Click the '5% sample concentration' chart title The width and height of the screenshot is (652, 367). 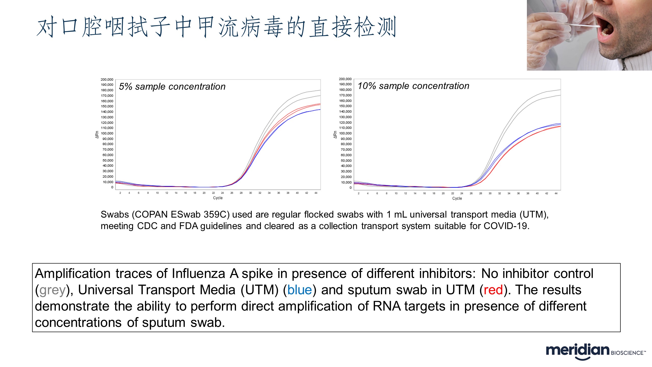pyautogui.click(x=172, y=87)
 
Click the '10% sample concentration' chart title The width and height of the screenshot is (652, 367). pyautogui.click(x=413, y=86)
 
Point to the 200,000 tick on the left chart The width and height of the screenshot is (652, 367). pyautogui.click(x=107, y=80)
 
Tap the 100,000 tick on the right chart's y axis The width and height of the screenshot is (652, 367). pyautogui.click(x=345, y=133)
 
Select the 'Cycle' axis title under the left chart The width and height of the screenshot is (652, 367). pyautogui.click(x=218, y=198)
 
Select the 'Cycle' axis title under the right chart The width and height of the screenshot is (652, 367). pyautogui.click(x=457, y=198)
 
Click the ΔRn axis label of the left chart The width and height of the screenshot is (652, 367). pyautogui.click(x=97, y=135)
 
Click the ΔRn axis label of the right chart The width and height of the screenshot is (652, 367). pyautogui.click(x=335, y=135)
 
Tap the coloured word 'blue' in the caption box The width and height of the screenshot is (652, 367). pyautogui.click(x=300, y=290)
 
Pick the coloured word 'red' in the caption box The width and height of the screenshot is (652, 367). pyautogui.click(x=493, y=290)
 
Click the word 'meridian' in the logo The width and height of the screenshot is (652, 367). pyautogui.click(x=578, y=351)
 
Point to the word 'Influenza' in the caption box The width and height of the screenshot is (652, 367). pyautogui.click(x=198, y=274)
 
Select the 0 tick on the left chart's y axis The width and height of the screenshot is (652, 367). pyautogui.click(x=112, y=187)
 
